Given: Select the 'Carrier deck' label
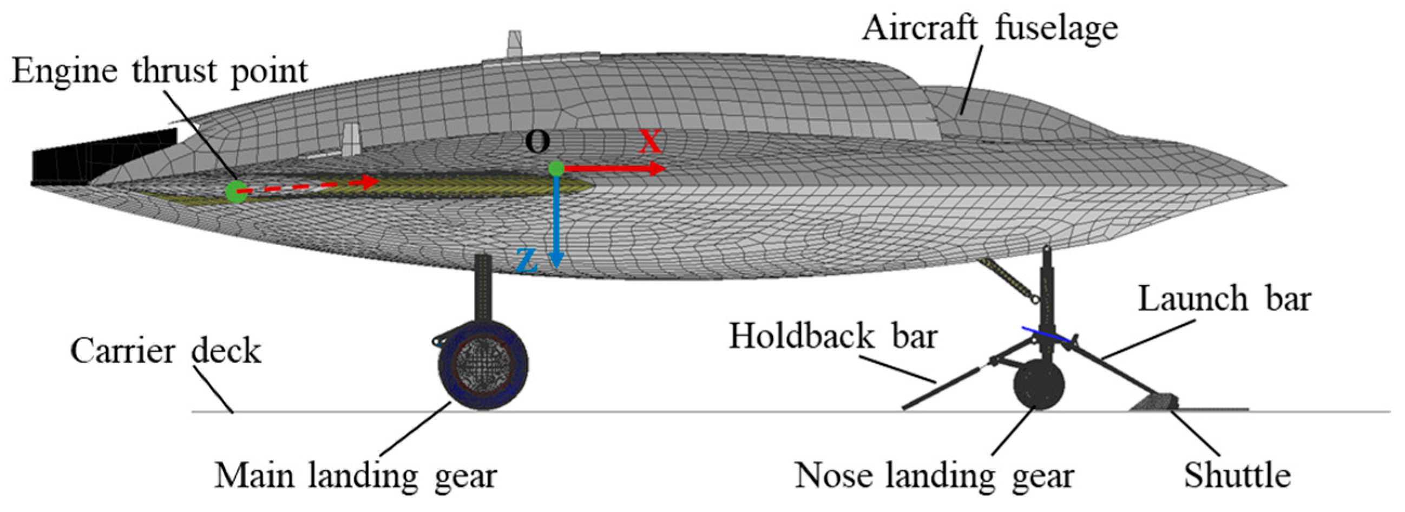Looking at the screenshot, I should tap(165, 351).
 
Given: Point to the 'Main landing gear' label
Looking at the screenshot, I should tap(355, 476).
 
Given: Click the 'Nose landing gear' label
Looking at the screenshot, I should tap(934, 476).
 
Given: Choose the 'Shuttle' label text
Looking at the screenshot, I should tap(1237, 476).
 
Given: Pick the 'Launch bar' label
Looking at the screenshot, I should tap(1224, 299).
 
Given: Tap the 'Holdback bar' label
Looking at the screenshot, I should tap(833, 337).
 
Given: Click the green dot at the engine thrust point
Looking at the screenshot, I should tap(236, 192).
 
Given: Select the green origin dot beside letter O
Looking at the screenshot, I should tap(556, 168).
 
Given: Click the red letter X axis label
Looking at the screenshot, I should tap(650, 141).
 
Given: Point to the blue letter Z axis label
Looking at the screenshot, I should tap(526, 261).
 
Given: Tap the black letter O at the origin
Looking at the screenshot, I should tap(537, 142).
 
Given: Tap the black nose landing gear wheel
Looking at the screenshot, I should tap(1039, 385).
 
